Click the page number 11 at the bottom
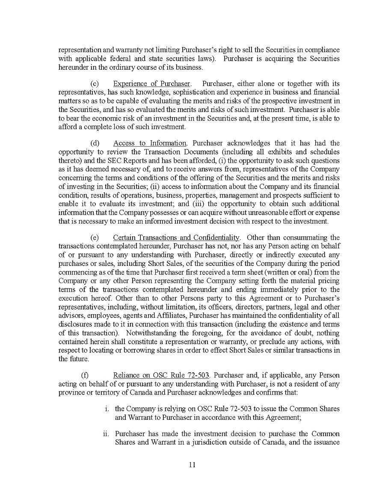tap(192, 465)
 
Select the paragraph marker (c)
tap(95, 84)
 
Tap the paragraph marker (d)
tap(95, 143)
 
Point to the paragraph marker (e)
tap(95, 237)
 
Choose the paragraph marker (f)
tap(86, 375)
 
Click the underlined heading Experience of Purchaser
tap(152, 84)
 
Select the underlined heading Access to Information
tap(150, 143)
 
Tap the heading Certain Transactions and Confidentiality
tap(176, 237)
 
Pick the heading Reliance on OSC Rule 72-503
tap(161, 375)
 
